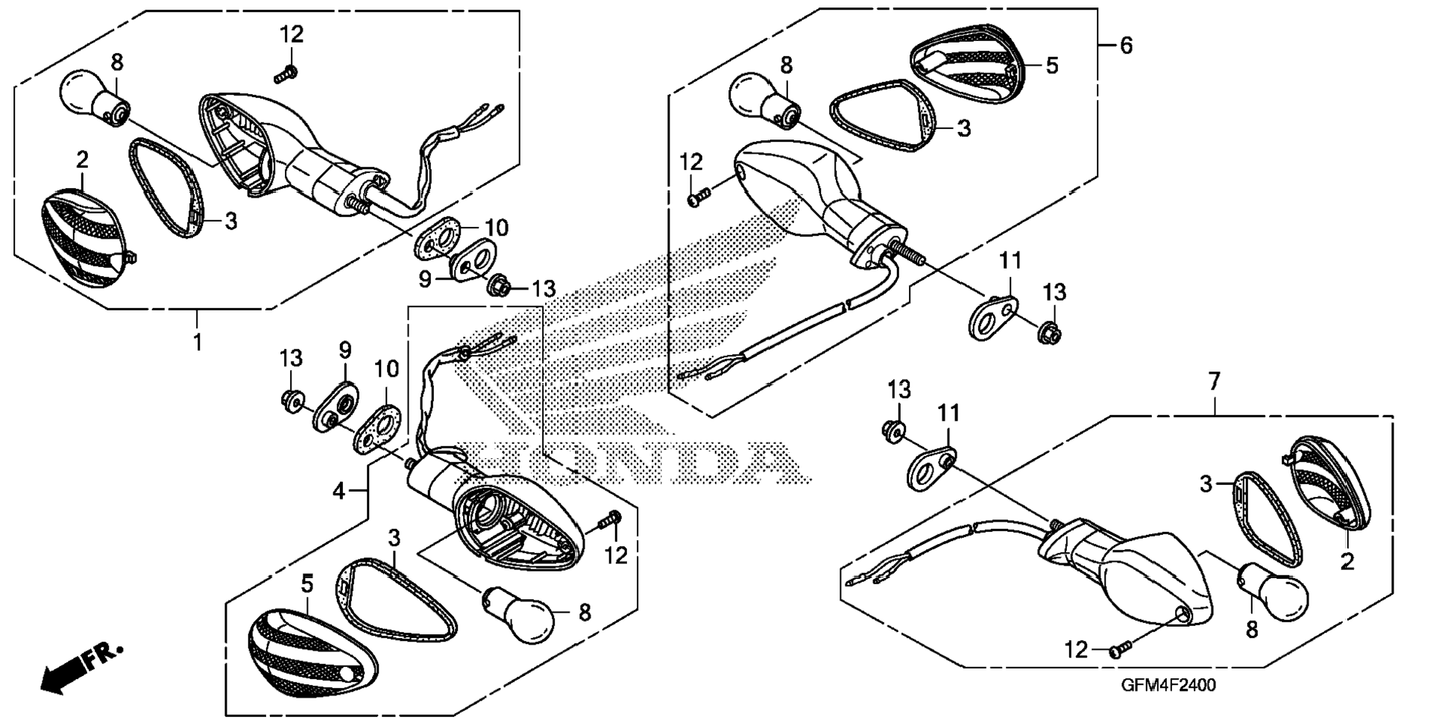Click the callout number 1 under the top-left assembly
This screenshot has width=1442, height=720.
[x=198, y=342]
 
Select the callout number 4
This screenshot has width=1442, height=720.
[x=339, y=491]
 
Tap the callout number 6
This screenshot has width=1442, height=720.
[x=1126, y=46]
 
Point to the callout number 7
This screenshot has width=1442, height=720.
[x=1214, y=383]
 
